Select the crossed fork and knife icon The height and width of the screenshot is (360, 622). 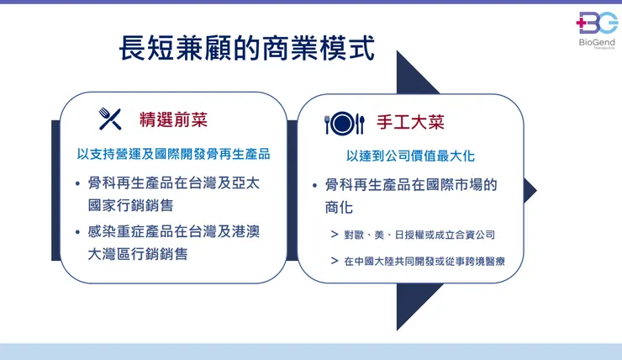click(110, 119)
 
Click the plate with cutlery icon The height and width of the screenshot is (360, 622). click(345, 124)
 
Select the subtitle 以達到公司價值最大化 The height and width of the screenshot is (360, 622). click(411, 156)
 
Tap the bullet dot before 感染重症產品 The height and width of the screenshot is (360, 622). click(77, 231)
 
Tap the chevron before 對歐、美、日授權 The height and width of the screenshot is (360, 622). click(335, 235)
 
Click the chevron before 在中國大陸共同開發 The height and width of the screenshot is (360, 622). click(335, 261)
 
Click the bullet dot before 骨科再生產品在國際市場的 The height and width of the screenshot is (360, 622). click(314, 184)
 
